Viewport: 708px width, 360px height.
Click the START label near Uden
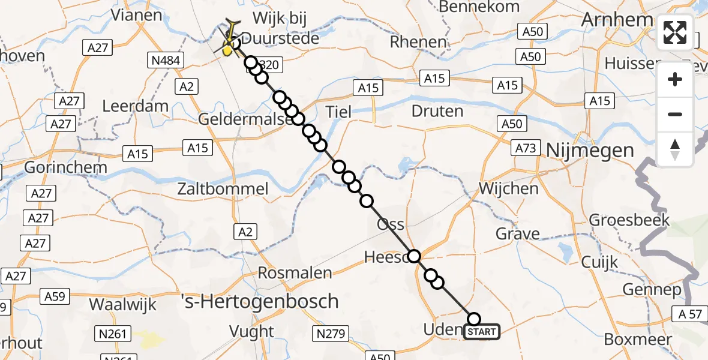[481, 332]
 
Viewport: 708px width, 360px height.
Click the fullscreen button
[675, 32]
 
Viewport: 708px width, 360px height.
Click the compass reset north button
[675, 149]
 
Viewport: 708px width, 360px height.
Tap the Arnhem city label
[616, 20]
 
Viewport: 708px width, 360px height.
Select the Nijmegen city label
[589, 150]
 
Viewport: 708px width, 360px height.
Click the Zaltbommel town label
[223, 189]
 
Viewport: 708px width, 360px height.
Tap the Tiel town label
[339, 111]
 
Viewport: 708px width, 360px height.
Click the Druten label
[437, 111]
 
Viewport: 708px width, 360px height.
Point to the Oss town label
[390, 224]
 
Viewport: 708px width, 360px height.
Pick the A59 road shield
[57, 295]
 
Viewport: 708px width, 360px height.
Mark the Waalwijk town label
[122, 304]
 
